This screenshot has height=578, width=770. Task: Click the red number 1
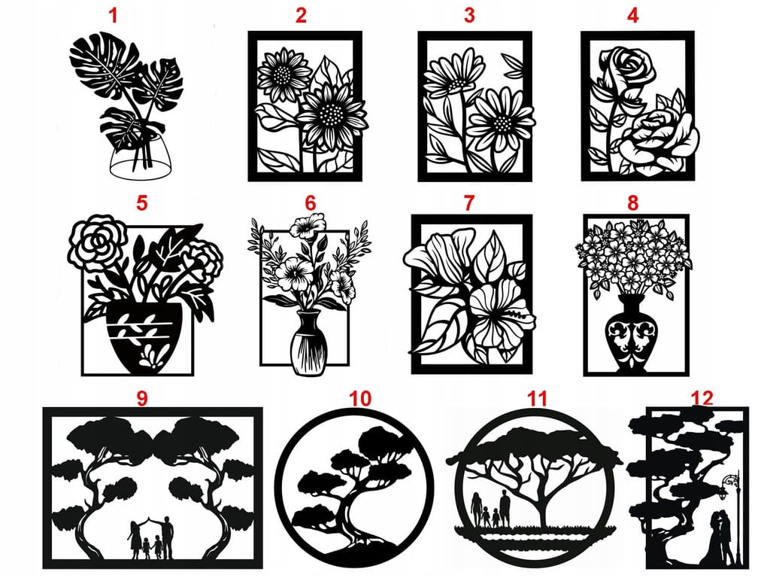tap(113, 16)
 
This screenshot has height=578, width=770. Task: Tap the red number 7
tap(469, 202)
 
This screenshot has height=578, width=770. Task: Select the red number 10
tap(360, 398)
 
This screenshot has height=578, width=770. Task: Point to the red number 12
tap(702, 397)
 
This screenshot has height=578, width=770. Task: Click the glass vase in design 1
tap(141, 158)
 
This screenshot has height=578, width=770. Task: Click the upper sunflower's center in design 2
tap(282, 75)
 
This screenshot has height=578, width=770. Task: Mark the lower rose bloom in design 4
tap(658, 139)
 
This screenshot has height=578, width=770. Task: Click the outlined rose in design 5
tap(98, 242)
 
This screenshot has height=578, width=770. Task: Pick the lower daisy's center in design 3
tap(502, 122)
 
